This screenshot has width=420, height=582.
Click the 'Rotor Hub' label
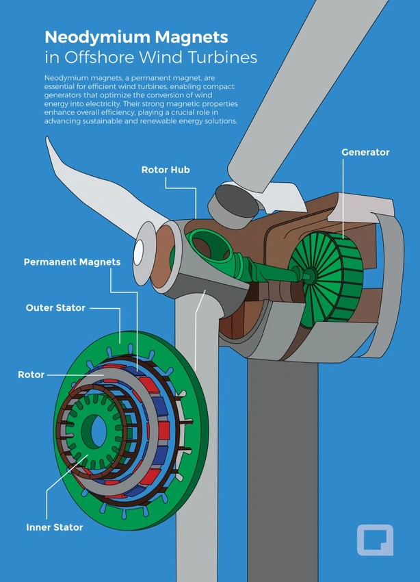(x=166, y=170)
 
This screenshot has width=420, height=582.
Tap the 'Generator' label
(x=365, y=152)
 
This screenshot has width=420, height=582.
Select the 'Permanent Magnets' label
(x=73, y=262)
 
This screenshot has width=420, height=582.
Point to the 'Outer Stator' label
(x=55, y=307)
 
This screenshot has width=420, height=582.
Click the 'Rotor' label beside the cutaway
(x=31, y=375)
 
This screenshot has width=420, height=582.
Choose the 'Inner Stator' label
(x=55, y=527)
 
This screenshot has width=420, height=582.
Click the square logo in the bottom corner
(x=375, y=540)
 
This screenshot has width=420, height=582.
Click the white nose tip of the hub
(x=139, y=253)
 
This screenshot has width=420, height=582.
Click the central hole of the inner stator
(x=94, y=431)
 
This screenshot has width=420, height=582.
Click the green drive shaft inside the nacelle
(x=267, y=268)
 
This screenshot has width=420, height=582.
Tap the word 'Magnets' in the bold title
(x=192, y=37)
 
